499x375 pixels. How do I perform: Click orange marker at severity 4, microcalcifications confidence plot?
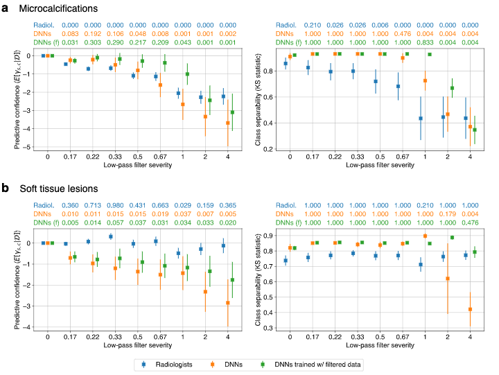227,123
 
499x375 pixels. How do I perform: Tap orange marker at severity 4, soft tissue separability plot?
469,309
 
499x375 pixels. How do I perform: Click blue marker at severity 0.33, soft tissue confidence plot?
110,236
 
